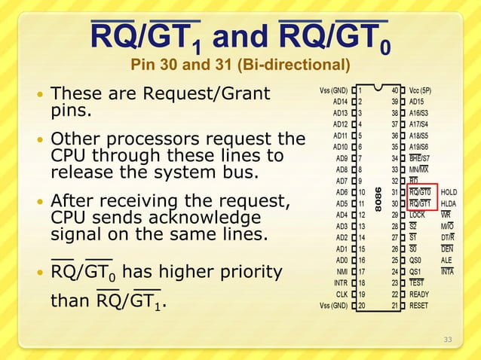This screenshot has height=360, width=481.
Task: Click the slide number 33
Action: [448, 340]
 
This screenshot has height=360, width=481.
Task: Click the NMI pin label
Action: [341, 272]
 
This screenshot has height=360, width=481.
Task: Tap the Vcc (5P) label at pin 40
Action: [424, 90]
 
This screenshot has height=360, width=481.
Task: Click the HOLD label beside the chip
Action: [449, 192]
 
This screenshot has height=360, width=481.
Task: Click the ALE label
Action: [447, 260]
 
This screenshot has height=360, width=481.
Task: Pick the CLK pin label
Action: [342, 294]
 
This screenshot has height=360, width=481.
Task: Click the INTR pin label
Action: [340, 283]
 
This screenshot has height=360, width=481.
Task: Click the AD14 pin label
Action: [340, 102]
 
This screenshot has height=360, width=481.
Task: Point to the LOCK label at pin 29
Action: [418, 215]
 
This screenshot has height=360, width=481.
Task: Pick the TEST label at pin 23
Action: [417, 283]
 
